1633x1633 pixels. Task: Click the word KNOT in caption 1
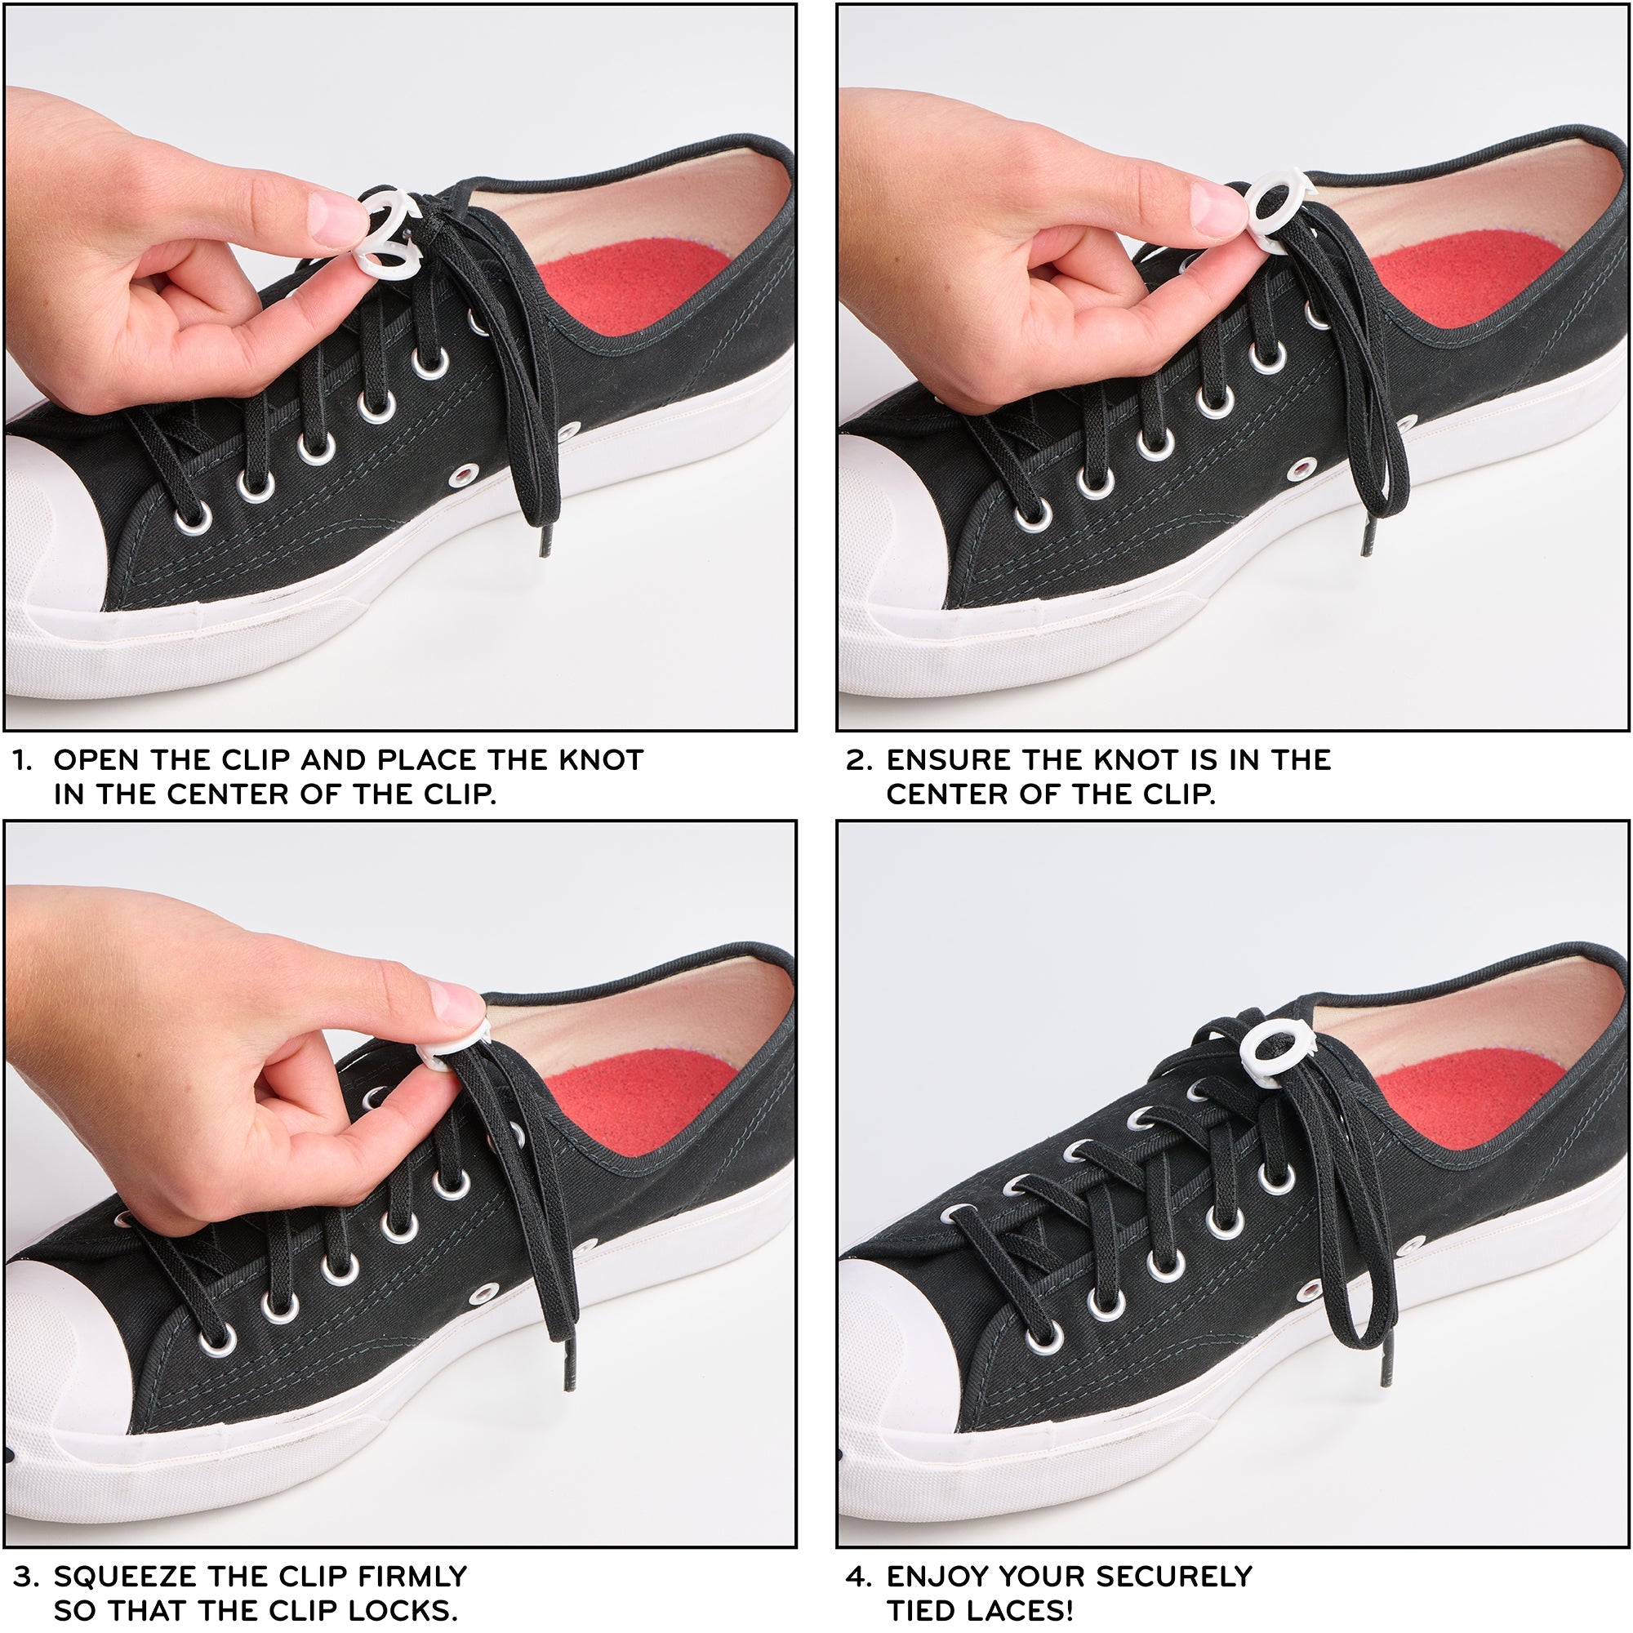tap(601, 760)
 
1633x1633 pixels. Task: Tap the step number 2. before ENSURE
tap(859, 760)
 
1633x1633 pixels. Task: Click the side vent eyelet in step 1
tap(463, 477)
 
